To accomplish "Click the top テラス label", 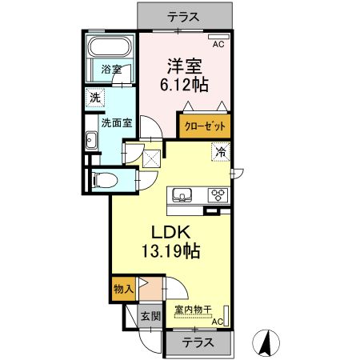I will (x=183, y=15).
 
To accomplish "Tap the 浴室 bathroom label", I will (x=110, y=70).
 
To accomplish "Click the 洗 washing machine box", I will (x=93, y=99).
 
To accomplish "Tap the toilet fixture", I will (x=102, y=180).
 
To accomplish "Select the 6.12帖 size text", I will (x=183, y=84).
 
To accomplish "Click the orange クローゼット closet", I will (x=204, y=126).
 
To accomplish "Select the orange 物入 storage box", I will (x=123, y=288).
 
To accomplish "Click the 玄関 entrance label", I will (x=150, y=316).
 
